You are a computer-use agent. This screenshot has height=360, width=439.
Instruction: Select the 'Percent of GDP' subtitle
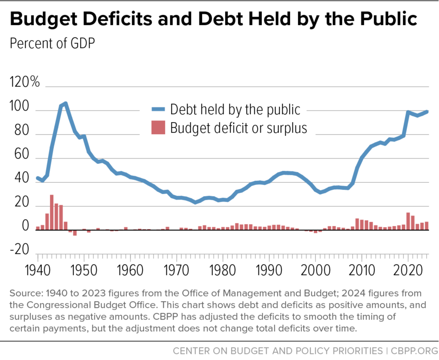[x=52, y=43]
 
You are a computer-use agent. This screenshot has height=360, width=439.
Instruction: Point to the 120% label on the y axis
[x=24, y=82]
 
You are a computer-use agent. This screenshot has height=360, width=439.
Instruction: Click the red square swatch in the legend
[x=158, y=128]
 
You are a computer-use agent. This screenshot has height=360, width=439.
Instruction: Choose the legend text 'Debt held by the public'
[x=235, y=109]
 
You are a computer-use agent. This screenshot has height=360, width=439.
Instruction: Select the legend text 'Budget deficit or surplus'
[x=239, y=128]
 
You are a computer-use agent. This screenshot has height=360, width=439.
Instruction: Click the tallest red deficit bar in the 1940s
[x=52, y=212]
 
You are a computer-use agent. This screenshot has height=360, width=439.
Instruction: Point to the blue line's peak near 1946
[x=65, y=103]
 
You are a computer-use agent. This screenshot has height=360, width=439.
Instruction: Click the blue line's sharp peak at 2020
[x=408, y=112]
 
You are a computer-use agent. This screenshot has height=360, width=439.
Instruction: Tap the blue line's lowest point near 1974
[x=195, y=202]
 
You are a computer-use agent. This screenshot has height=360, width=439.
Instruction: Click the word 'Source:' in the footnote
[x=23, y=294]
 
